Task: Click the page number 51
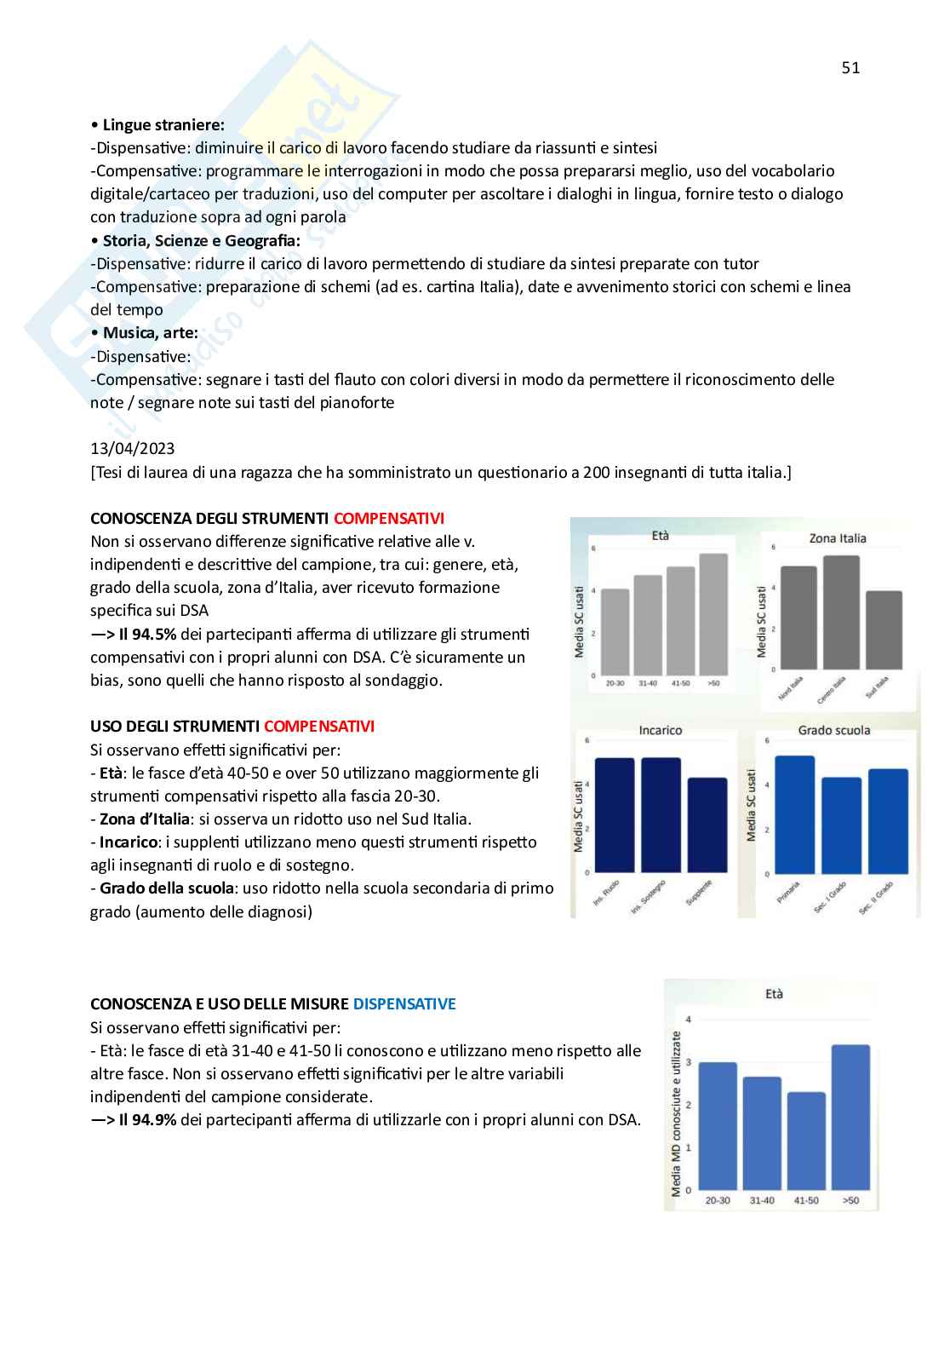click(x=850, y=68)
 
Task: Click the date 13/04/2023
click(x=133, y=448)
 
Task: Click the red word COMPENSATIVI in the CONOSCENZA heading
click(x=388, y=518)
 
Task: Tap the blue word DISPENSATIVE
click(x=404, y=1003)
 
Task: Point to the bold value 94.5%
click(x=149, y=634)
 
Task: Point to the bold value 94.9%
click(x=149, y=1119)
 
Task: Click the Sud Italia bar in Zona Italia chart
click(x=884, y=630)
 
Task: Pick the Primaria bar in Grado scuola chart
click(x=794, y=814)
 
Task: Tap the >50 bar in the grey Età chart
click(x=713, y=613)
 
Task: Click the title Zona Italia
click(x=838, y=538)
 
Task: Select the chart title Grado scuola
click(x=834, y=730)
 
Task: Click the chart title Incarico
click(x=660, y=730)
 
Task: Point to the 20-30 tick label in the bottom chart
click(x=718, y=1200)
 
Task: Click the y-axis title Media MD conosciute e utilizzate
click(x=677, y=1112)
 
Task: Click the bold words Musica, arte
click(x=150, y=333)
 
